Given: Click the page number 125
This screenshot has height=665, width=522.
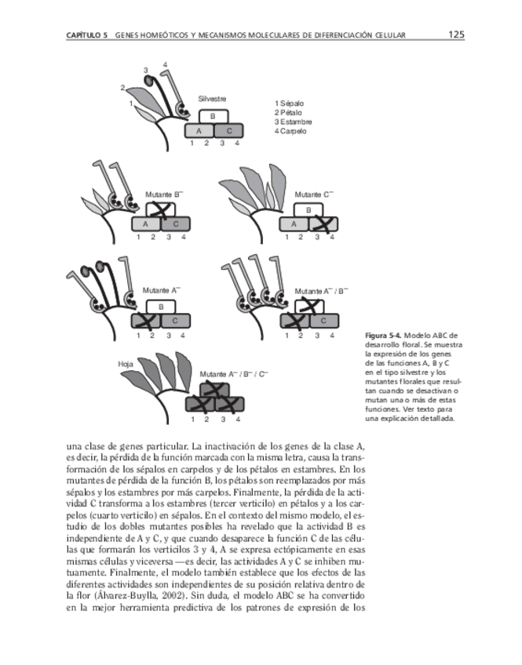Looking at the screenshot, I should pyautogui.click(x=457, y=35).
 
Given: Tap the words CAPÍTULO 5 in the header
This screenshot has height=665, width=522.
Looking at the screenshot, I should pyautogui.click(x=87, y=36).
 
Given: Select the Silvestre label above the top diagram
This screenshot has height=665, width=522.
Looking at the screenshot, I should pyautogui.click(x=213, y=99).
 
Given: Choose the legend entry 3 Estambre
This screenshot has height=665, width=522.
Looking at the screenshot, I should pyautogui.click(x=294, y=122).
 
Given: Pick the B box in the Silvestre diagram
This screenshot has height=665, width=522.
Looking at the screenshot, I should pyautogui.click(x=213, y=116).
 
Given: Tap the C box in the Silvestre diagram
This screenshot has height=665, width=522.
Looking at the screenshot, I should pyautogui.click(x=228, y=131).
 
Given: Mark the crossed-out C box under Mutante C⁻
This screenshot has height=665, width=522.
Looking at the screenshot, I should pyautogui.click(x=323, y=224).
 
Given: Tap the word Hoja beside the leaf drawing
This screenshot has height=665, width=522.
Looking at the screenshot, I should pyautogui.click(x=125, y=365).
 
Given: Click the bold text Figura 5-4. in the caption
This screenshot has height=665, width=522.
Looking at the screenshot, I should pyautogui.click(x=385, y=336).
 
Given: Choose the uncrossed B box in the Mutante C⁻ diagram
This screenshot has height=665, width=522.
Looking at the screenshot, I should pyautogui.click(x=308, y=210).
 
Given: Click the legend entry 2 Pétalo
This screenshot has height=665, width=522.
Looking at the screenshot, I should pyautogui.click(x=288, y=113).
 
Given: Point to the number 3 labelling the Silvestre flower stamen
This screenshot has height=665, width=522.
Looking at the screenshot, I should pyautogui.click(x=145, y=71).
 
